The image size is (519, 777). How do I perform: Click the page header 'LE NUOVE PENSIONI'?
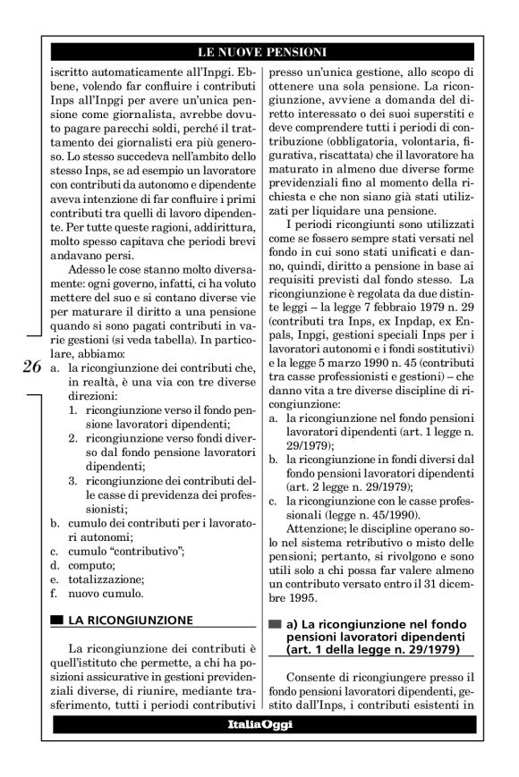(x=260, y=51)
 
